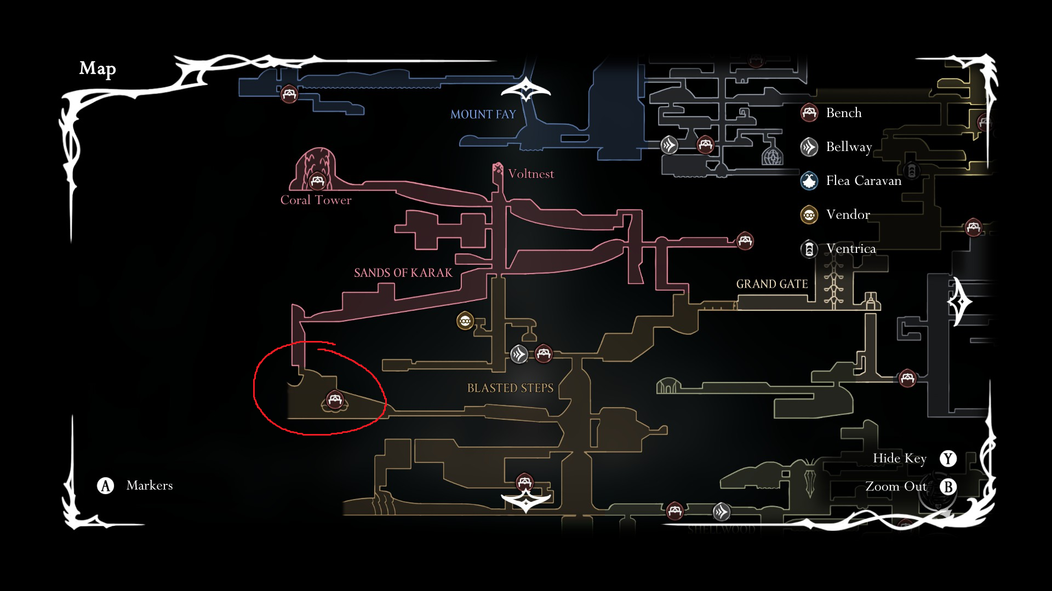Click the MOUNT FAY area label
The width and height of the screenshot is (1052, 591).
pos(483,114)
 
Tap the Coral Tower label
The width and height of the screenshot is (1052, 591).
pos(316,200)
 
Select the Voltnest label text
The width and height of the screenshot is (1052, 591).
pos(530,174)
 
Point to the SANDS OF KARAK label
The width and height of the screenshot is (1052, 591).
pos(403,273)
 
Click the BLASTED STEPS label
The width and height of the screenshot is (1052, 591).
pos(510,388)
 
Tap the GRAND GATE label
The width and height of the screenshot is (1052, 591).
pos(771,284)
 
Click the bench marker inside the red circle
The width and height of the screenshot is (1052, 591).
pos(335,399)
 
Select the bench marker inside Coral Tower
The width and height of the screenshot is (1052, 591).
pos(317,180)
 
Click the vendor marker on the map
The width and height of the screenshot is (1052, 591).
pos(465,321)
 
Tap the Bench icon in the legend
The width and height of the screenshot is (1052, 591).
pos(809,113)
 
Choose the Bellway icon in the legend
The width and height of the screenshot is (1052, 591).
pos(809,147)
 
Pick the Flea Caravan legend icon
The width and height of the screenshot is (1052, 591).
pos(809,181)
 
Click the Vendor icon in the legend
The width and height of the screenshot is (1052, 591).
pos(809,215)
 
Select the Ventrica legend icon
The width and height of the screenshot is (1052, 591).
pos(809,249)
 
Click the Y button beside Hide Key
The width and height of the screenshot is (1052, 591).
pos(948,459)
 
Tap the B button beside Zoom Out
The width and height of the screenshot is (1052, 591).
pos(948,486)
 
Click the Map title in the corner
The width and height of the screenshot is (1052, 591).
pos(98,68)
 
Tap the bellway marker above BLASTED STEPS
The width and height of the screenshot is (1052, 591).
pos(519,354)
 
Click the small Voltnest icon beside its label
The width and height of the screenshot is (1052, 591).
pos(498,169)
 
